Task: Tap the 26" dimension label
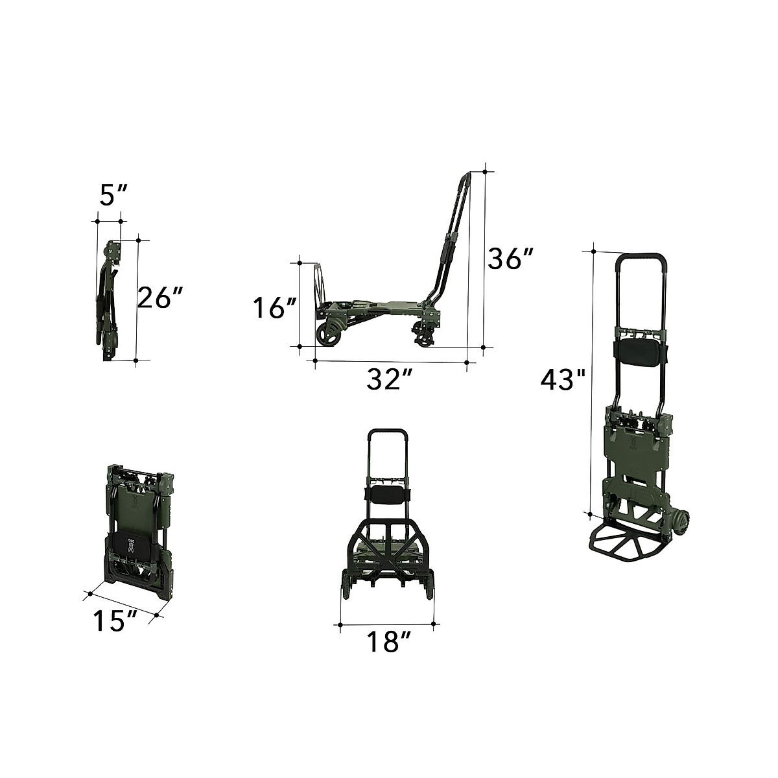tap(160, 298)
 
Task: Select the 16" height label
tap(276, 308)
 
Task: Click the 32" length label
tap(389, 379)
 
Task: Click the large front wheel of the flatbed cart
tap(328, 333)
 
